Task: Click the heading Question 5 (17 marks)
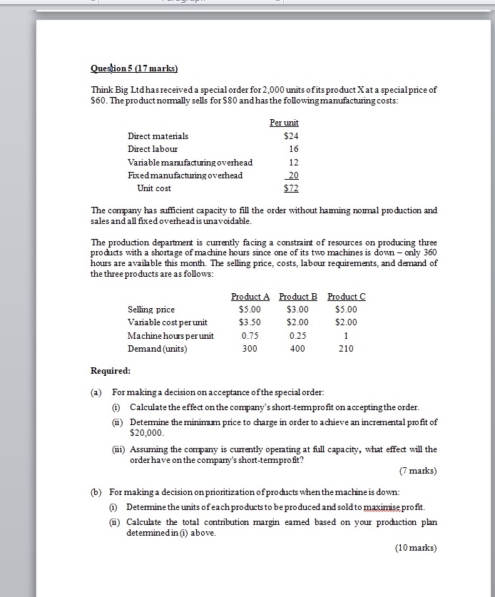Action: click(x=134, y=68)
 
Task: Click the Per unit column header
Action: click(x=284, y=123)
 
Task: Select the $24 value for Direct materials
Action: click(x=290, y=136)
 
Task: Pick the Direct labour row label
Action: click(x=153, y=149)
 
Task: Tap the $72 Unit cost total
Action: click(x=290, y=188)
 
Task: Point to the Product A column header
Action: click(x=250, y=296)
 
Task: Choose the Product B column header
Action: click(x=298, y=296)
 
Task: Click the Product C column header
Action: click(x=346, y=296)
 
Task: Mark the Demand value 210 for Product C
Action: click(x=346, y=349)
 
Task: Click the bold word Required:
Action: click(x=111, y=371)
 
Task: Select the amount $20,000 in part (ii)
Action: click(x=147, y=433)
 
